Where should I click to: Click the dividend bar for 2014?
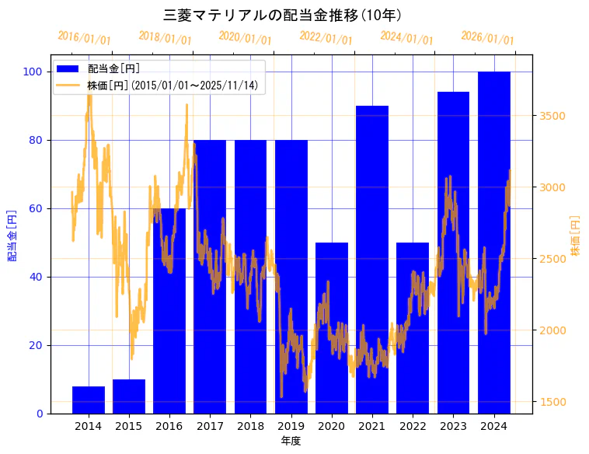89,400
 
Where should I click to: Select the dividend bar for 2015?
129,396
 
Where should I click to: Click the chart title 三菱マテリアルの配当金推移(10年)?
282,15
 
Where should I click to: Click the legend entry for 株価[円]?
172,86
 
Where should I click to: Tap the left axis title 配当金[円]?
12,235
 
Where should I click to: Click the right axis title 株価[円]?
575,236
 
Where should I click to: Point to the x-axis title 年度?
291,441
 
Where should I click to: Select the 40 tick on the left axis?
36,278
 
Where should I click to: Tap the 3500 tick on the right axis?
552,116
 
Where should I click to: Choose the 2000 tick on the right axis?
552,330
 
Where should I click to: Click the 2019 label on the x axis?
291,425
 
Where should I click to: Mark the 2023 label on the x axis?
452,425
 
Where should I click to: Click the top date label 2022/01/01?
326,38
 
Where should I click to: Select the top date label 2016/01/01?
84,38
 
